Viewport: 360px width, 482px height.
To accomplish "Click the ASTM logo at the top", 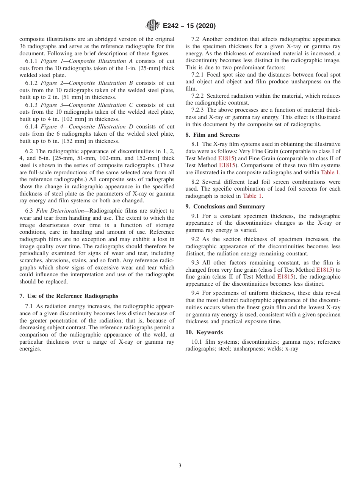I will pos(153,26).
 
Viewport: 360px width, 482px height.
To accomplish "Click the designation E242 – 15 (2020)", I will pos(189,26).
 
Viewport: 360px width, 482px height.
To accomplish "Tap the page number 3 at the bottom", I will pos(180,466).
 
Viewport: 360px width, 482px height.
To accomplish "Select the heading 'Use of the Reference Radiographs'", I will pos(72,296).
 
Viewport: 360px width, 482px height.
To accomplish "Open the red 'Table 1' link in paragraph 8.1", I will pos(330,172).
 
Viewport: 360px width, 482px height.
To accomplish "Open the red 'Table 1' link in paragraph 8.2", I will pos(252,196).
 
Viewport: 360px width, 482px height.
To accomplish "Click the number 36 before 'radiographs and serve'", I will pos(23,47).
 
